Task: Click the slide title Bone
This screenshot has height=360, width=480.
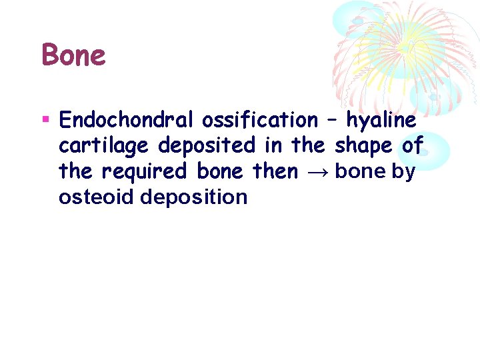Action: coord(73,55)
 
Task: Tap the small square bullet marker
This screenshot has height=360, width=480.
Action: coord(46,120)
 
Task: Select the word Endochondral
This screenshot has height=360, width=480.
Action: coord(127,120)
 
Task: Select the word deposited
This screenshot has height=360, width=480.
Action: coord(207,146)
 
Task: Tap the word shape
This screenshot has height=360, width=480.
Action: coord(363,146)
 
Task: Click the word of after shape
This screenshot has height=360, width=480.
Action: coord(413,146)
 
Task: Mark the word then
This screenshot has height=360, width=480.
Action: coord(275,171)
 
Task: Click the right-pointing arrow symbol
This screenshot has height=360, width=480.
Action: coord(317,173)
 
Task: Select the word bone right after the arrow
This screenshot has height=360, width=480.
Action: coord(360,171)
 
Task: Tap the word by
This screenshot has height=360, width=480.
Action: coord(403,173)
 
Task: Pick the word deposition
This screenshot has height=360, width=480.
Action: coord(194,198)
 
